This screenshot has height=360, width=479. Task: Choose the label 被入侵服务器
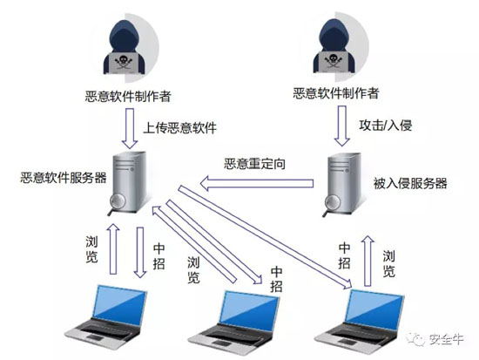point(409,183)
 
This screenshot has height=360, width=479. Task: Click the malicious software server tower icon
point(126,179)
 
